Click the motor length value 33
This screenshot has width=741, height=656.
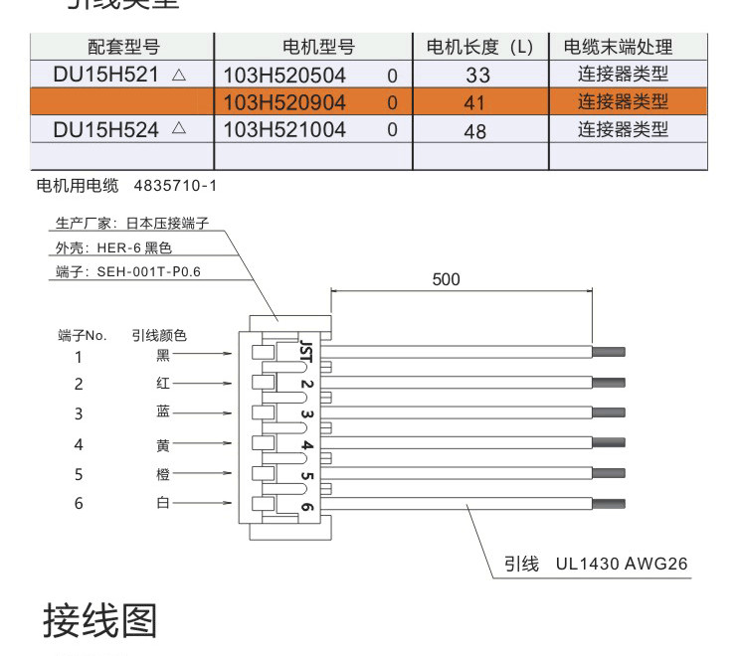click(477, 76)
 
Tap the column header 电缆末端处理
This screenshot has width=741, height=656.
click(618, 47)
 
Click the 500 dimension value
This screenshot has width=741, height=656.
click(447, 279)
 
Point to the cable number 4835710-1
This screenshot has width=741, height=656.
click(174, 186)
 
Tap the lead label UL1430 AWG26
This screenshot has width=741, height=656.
click(622, 565)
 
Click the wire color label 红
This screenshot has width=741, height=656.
click(163, 384)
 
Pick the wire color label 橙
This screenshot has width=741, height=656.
click(163, 474)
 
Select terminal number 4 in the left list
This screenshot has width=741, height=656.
click(79, 444)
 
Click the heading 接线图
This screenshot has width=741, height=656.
click(99, 621)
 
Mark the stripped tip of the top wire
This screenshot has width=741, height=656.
click(609, 352)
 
